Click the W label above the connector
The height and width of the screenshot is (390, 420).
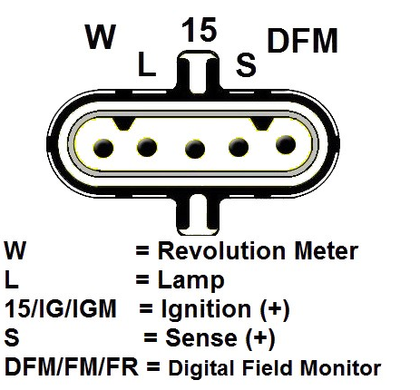tap(101, 36)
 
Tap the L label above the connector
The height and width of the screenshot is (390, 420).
tap(147, 63)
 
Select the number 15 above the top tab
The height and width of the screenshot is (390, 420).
tap(200, 29)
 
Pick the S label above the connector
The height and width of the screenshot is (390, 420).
tap(246, 64)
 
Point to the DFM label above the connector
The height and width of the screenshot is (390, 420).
tap(302, 41)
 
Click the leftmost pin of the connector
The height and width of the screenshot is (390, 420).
tap(103, 148)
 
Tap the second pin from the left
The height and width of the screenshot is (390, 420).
tap(147, 147)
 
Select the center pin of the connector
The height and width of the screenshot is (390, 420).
tap(195, 149)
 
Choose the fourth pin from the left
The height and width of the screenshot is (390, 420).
tap(239, 147)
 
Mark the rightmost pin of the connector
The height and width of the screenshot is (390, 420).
tap(286, 144)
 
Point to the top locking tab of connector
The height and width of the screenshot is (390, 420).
tap(198, 72)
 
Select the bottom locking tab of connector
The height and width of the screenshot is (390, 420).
tap(198, 215)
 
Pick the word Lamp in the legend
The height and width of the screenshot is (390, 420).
tap(191, 281)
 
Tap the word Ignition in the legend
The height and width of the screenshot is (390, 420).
tap(206, 309)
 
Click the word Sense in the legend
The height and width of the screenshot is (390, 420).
tap(201, 337)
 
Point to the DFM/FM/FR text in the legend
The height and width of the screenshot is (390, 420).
tap(72, 367)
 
